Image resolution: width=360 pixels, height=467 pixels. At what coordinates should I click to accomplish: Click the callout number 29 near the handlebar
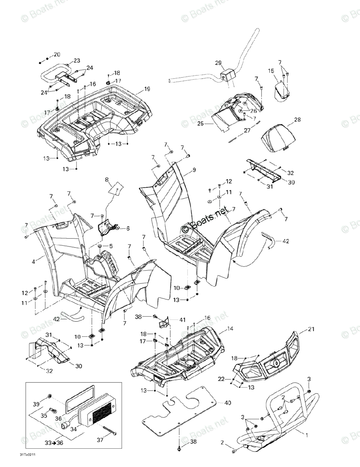(x=218, y=63)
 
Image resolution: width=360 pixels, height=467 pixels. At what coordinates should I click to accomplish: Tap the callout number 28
(x=297, y=120)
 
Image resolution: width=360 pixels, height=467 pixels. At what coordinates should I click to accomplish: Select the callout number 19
(x=147, y=89)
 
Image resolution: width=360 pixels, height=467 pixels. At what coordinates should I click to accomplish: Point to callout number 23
(x=77, y=60)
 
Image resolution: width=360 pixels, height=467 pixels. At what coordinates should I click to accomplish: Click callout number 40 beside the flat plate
(x=227, y=403)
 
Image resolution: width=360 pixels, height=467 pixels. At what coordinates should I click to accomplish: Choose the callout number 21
(x=311, y=330)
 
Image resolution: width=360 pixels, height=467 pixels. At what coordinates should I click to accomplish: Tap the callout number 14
(x=230, y=329)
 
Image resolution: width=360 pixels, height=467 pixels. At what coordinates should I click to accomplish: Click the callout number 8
(x=107, y=180)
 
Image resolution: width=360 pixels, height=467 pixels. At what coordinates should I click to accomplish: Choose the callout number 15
(x=271, y=71)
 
